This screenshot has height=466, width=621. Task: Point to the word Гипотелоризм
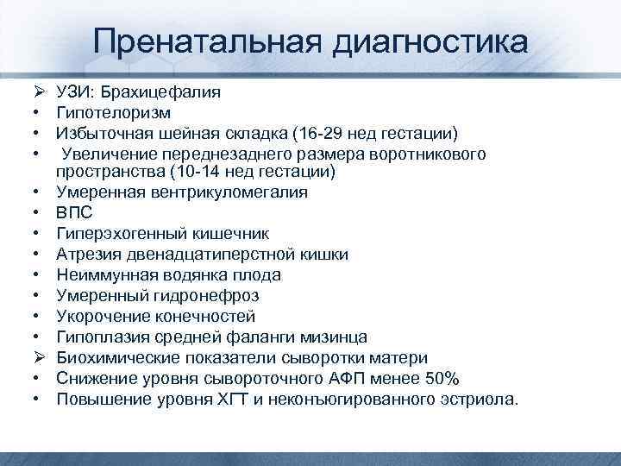tap(113, 112)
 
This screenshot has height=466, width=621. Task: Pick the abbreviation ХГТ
tap(233, 399)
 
